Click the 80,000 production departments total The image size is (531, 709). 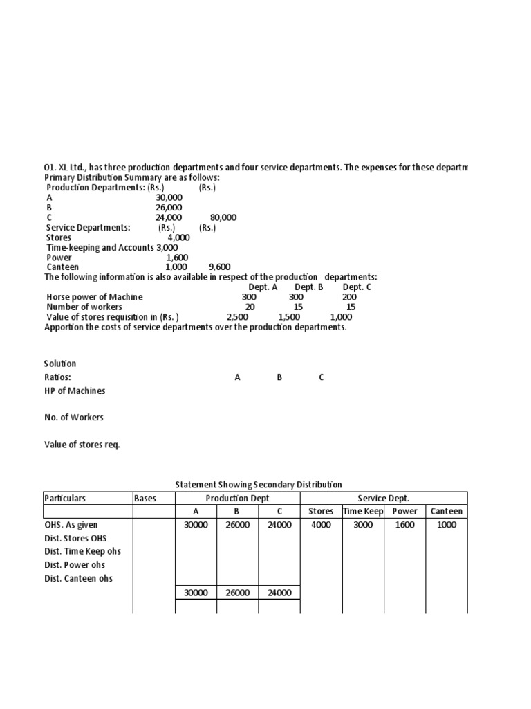pyautogui.click(x=223, y=217)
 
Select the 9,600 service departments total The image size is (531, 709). pyautogui.click(x=219, y=267)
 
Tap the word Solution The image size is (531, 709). pyautogui.click(x=60, y=364)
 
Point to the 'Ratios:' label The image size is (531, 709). pyautogui.click(x=57, y=377)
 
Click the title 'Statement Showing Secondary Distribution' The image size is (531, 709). pyautogui.click(x=259, y=485)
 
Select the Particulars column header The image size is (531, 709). pyautogui.click(x=65, y=498)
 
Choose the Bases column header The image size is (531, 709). pyautogui.click(x=145, y=498)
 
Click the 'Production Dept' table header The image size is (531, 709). pyautogui.click(x=238, y=498)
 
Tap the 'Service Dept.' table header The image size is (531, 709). pyautogui.click(x=384, y=498)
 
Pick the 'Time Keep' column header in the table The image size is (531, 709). pyautogui.click(x=363, y=512)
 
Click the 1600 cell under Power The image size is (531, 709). pyautogui.click(x=404, y=525)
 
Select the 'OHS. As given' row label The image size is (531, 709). pyautogui.click(x=71, y=525)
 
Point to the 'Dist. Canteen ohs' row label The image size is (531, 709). pyautogui.click(x=78, y=579)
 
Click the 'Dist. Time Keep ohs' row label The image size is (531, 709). pyautogui.click(x=82, y=552)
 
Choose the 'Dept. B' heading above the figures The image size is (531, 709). pyautogui.click(x=309, y=287)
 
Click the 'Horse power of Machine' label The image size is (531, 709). pyautogui.click(x=95, y=297)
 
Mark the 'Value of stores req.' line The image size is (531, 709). pyautogui.click(x=82, y=445)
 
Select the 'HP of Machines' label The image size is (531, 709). pyautogui.click(x=75, y=391)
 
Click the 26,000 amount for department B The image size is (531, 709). pyautogui.click(x=169, y=207)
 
